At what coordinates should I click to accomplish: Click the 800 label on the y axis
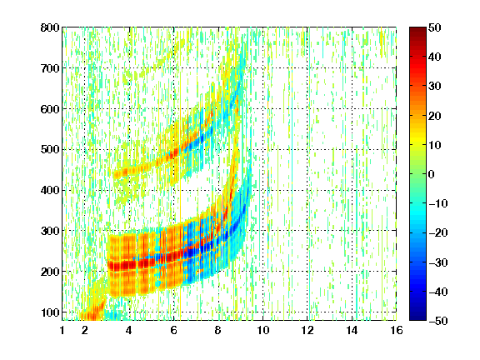point(50,27)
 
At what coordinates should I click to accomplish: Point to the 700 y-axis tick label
point(50,68)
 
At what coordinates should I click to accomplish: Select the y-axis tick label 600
point(50,109)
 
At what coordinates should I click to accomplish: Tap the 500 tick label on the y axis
point(50,150)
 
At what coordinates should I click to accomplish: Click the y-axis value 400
point(50,190)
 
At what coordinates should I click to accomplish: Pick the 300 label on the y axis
point(50,231)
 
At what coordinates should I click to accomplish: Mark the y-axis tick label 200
point(50,272)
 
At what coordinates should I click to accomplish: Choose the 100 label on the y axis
point(50,312)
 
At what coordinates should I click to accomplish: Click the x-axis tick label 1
point(62,330)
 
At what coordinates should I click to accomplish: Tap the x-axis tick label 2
point(85,330)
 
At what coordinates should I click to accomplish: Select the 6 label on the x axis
point(174,330)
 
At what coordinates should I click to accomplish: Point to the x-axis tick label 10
point(262,330)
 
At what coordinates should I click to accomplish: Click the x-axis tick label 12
point(307,330)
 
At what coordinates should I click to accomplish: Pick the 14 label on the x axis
point(352,330)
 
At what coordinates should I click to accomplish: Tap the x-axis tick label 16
point(397,330)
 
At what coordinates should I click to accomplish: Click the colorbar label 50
point(435,27)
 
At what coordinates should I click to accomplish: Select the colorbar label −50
point(438,321)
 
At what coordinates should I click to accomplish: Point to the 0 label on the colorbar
point(432,174)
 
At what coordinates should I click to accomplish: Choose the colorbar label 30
point(435,87)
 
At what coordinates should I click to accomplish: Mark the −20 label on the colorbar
point(438,233)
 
